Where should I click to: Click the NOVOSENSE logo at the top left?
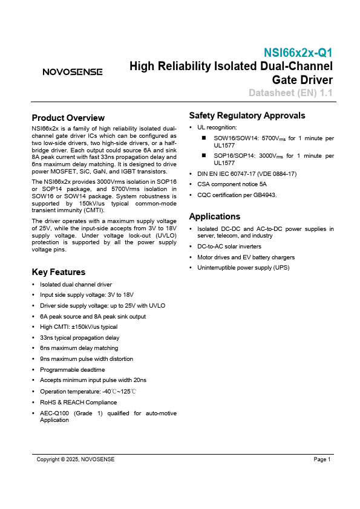click(72, 72)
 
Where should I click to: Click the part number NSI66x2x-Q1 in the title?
click(298, 53)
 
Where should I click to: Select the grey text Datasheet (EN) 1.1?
click(291, 93)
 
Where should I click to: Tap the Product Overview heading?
click(68, 118)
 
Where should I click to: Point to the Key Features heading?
click(58, 272)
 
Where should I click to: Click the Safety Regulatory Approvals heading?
click(247, 115)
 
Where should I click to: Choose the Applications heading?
click(214, 216)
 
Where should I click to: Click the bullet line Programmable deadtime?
click(72, 369)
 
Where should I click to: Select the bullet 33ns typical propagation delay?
click(79, 337)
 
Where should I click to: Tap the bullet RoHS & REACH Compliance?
click(78, 402)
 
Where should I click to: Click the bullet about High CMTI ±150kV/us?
click(78, 326)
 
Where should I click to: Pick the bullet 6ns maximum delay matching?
click(79, 348)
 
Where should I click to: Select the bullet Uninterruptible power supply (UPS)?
click(241, 267)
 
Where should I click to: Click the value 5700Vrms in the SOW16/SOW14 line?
click(280, 138)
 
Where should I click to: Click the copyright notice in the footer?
click(76, 460)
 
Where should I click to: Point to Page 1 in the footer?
click(322, 460)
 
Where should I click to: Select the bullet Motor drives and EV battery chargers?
click(245, 257)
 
